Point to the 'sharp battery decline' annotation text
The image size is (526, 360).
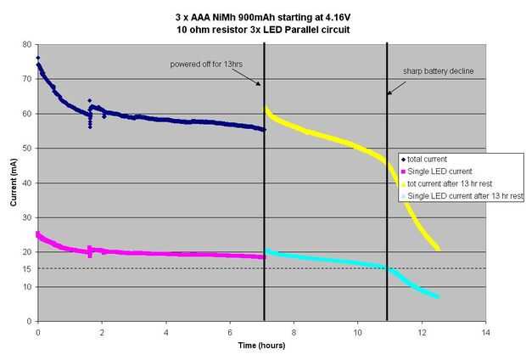(437, 71)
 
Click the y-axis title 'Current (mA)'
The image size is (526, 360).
(13, 183)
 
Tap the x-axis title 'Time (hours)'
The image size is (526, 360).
(260, 346)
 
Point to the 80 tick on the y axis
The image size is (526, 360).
(27, 44)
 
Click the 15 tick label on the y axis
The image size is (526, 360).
(27, 269)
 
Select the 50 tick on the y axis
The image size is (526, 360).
(27, 149)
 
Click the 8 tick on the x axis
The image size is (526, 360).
(294, 332)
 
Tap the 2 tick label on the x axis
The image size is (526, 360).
(102, 332)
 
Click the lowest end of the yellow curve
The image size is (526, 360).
(438, 249)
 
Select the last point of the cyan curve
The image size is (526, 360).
(437, 296)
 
